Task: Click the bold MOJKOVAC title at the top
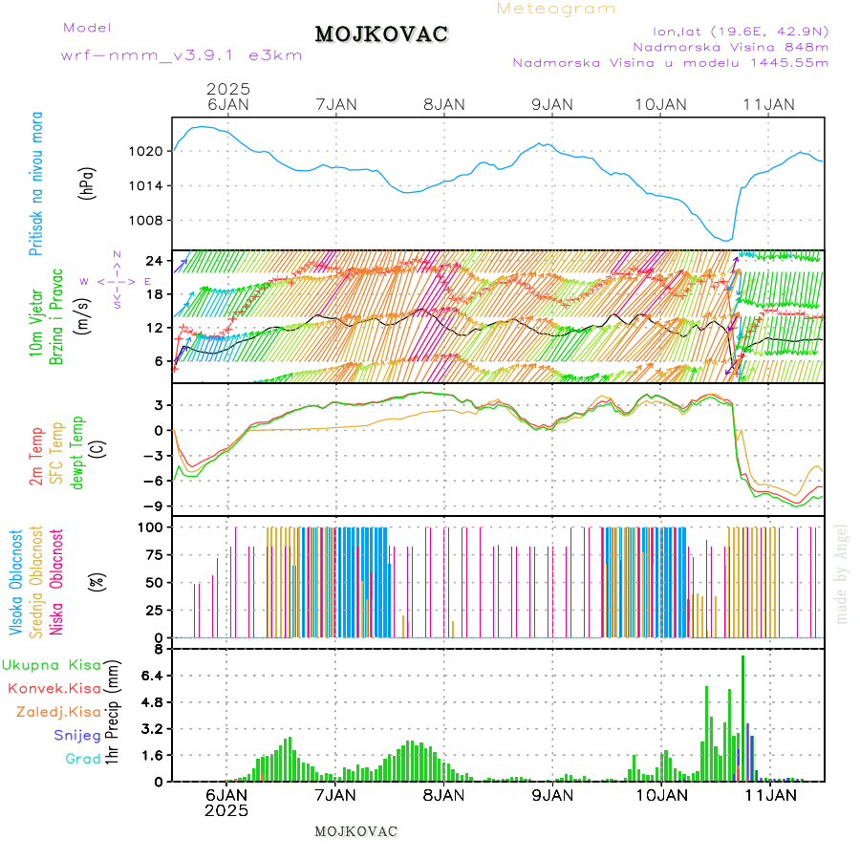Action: [381, 34]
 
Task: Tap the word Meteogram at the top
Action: [556, 9]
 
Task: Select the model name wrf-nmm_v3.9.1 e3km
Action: [181, 55]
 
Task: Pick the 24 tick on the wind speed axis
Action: [156, 260]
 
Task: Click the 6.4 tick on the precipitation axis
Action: [153, 676]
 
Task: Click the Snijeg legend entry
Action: [77, 735]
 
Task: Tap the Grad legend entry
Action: [82, 759]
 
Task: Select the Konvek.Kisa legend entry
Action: [54, 688]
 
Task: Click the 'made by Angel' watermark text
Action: [842, 573]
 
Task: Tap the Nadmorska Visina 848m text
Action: [730, 46]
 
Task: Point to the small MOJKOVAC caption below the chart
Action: [355, 831]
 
